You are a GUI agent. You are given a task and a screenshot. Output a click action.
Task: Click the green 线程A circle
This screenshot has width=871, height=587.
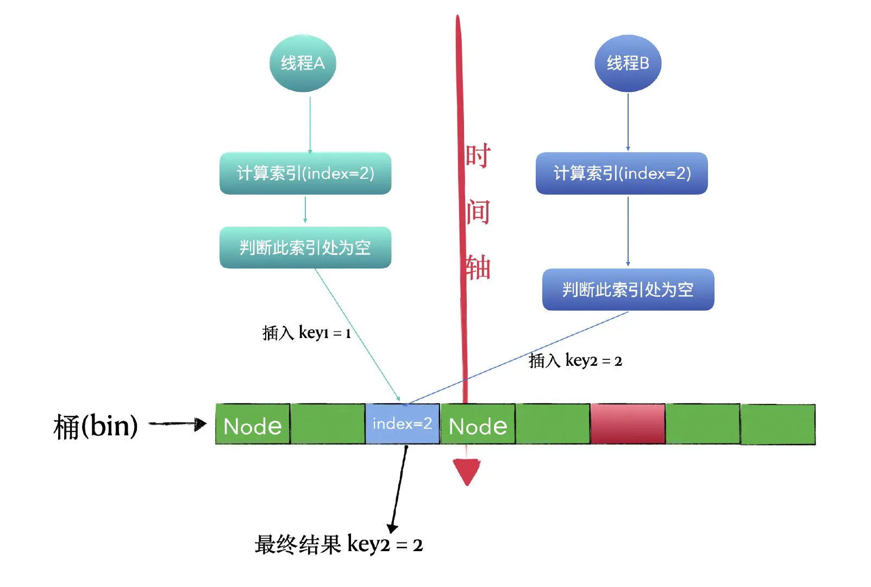pyautogui.click(x=303, y=64)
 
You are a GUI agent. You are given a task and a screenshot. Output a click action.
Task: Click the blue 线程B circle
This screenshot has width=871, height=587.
pyautogui.click(x=628, y=64)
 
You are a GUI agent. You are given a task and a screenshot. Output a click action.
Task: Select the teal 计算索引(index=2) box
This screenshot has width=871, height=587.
pyautogui.click(x=305, y=173)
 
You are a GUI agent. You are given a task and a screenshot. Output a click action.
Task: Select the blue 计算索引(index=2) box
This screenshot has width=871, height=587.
pyautogui.click(x=622, y=173)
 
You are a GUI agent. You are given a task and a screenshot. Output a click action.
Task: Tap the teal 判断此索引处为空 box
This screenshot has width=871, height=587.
pyautogui.click(x=305, y=248)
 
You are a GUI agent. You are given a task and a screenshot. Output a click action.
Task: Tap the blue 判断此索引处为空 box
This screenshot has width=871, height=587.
pyautogui.click(x=628, y=290)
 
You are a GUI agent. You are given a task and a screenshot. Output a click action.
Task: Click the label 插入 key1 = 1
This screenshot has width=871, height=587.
pyautogui.click(x=306, y=333)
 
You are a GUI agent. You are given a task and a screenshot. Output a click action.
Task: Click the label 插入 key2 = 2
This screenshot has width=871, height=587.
pyautogui.click(x=575, y=360)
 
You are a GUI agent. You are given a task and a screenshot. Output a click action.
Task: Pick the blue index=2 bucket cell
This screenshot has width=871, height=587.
pyautogui.click(x=402, y=423)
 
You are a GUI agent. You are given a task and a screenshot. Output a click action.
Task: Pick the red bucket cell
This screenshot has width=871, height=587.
pyautogui.click(x=628, y=423)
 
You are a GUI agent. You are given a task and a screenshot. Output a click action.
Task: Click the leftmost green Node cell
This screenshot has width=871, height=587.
pyautogui.click(x=253, y=424)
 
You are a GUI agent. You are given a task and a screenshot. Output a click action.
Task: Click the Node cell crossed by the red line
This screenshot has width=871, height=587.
pyautogui.click(x=478, y=424)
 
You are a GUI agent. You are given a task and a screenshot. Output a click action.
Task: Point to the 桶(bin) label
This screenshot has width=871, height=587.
pyautogui.click(x=96, y=426)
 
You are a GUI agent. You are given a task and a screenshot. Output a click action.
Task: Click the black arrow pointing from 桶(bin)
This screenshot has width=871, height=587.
pyautogui.click(x=177, y=424)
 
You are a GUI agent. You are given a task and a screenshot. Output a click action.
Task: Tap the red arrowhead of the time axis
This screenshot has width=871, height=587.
pyautogui.click(x=467, y=471)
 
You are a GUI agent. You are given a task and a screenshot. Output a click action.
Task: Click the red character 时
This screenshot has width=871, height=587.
pyautogui.click(x=478, y=156)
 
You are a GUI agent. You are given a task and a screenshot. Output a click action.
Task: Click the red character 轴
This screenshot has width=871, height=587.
pyautogui.click(x=478, y=267)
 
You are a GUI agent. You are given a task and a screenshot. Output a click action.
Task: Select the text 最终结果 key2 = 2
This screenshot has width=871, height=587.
pyautogui.click(x=338, y=544)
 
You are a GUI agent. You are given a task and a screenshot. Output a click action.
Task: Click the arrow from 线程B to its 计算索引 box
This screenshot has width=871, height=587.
pyautogui.click(x=628, y=122)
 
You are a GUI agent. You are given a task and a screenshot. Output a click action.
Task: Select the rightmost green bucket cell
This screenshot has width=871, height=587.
pyautogui.click(x=778, y=424)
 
